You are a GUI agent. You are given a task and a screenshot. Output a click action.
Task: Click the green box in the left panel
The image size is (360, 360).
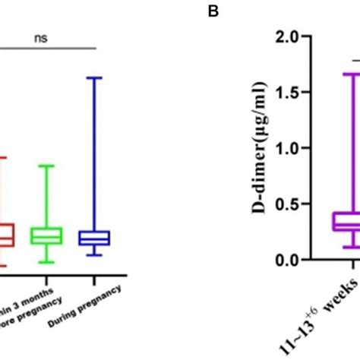46,235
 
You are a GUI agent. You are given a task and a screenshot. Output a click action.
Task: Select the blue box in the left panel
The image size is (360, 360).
93,238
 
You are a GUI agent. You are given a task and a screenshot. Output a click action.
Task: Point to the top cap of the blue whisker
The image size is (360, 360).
93,77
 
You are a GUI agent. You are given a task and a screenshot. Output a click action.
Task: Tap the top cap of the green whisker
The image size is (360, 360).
46,166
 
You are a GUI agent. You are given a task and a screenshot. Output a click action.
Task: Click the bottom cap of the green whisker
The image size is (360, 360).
46,263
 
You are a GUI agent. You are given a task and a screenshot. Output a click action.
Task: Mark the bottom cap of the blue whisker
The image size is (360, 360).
93,255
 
